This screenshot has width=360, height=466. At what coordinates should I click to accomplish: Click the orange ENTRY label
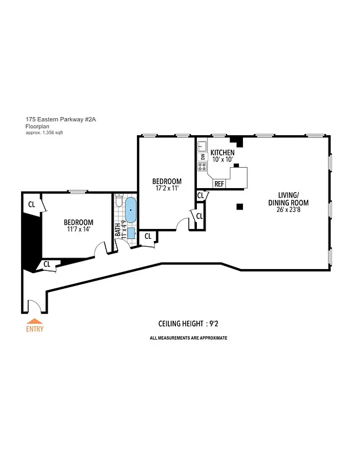coord(34,329)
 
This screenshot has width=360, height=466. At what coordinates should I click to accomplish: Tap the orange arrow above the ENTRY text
coord(34,321)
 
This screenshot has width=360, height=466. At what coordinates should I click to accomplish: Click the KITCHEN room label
coord(222,153)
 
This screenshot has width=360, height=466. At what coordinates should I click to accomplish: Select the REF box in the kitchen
coord(219,184)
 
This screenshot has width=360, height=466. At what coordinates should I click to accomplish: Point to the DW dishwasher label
coord(202,157)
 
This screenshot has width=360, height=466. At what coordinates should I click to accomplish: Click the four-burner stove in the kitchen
coord(202,167)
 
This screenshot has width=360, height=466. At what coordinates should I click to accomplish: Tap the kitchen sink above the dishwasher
coord(202,146)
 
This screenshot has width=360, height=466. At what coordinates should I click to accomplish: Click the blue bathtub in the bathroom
coord(130,211)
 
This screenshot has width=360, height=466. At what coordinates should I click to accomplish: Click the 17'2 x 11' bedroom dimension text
coord(167,189)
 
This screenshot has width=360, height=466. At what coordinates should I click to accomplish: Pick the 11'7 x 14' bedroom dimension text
coord(78,230)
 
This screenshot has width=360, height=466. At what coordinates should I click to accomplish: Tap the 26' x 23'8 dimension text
coord(292,210)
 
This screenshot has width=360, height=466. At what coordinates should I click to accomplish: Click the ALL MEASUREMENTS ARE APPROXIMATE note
coord(188,338)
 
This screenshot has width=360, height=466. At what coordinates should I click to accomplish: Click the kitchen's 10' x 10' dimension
coord(222,160)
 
